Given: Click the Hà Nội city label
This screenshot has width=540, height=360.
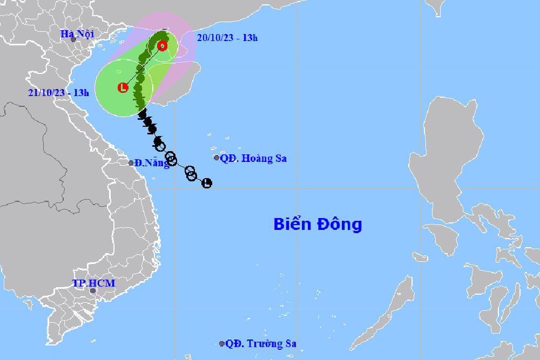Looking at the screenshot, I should [77, 34].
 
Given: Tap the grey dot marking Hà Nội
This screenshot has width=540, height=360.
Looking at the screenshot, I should [73, 39].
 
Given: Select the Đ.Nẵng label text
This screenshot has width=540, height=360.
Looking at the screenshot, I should [152, 162].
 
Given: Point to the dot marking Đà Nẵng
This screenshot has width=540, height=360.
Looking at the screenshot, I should [131, 162].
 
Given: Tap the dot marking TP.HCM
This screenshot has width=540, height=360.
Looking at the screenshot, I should [92, 291].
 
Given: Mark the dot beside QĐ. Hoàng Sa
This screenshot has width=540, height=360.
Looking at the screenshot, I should [217, 158].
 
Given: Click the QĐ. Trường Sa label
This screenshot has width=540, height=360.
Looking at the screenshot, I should [261, 343].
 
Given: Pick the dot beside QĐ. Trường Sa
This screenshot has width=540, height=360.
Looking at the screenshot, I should [222, 343].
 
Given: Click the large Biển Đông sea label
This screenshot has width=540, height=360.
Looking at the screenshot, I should [318, 224].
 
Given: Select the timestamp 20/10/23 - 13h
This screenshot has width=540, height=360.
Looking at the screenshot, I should [227, 37].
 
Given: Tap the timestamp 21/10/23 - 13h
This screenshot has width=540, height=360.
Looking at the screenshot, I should [58, 92].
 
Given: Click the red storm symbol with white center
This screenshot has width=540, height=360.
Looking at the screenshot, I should [162, 46].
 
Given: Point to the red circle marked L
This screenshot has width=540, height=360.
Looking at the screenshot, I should [123, 87].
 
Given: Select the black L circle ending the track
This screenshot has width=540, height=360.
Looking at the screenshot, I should [206, 184].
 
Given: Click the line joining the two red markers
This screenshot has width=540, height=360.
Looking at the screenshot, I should [143, 66].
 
